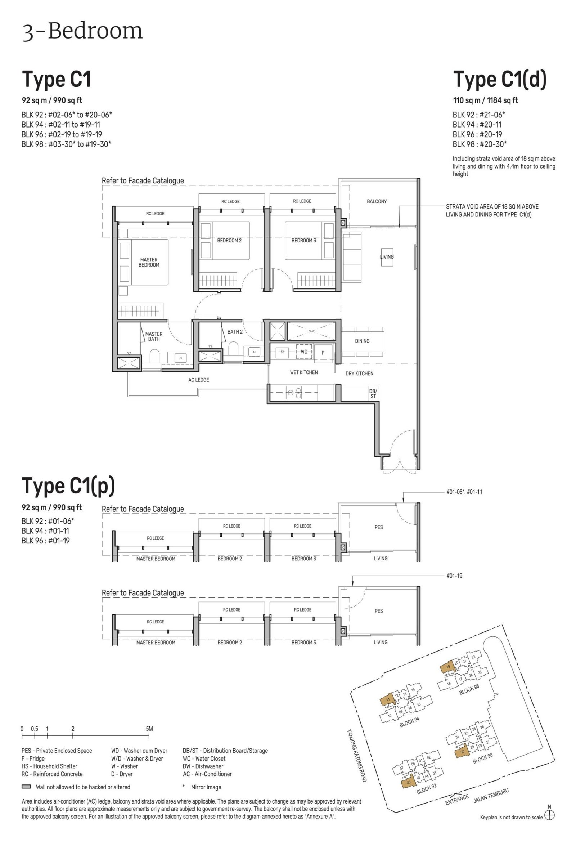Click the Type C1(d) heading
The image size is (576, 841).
tap(500, 80)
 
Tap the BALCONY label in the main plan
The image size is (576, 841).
tap(377, 201)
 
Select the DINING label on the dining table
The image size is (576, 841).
tap(362, 340)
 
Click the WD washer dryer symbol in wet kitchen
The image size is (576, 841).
tap(304, 352)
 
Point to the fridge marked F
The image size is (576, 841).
tap(323, 353)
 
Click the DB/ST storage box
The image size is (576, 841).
tap(373, 393)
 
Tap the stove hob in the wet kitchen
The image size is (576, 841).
tap(294, 393)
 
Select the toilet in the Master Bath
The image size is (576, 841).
tap(154, 356)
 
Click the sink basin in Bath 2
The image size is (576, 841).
tap(255, 352)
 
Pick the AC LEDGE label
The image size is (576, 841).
tap(199, 380)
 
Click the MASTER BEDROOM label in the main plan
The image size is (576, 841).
tap(149, 262)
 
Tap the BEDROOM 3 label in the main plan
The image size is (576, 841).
tap(303, 240)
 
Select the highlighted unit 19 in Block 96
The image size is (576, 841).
tap(447, 668)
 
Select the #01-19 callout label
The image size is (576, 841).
tap(454, 576)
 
